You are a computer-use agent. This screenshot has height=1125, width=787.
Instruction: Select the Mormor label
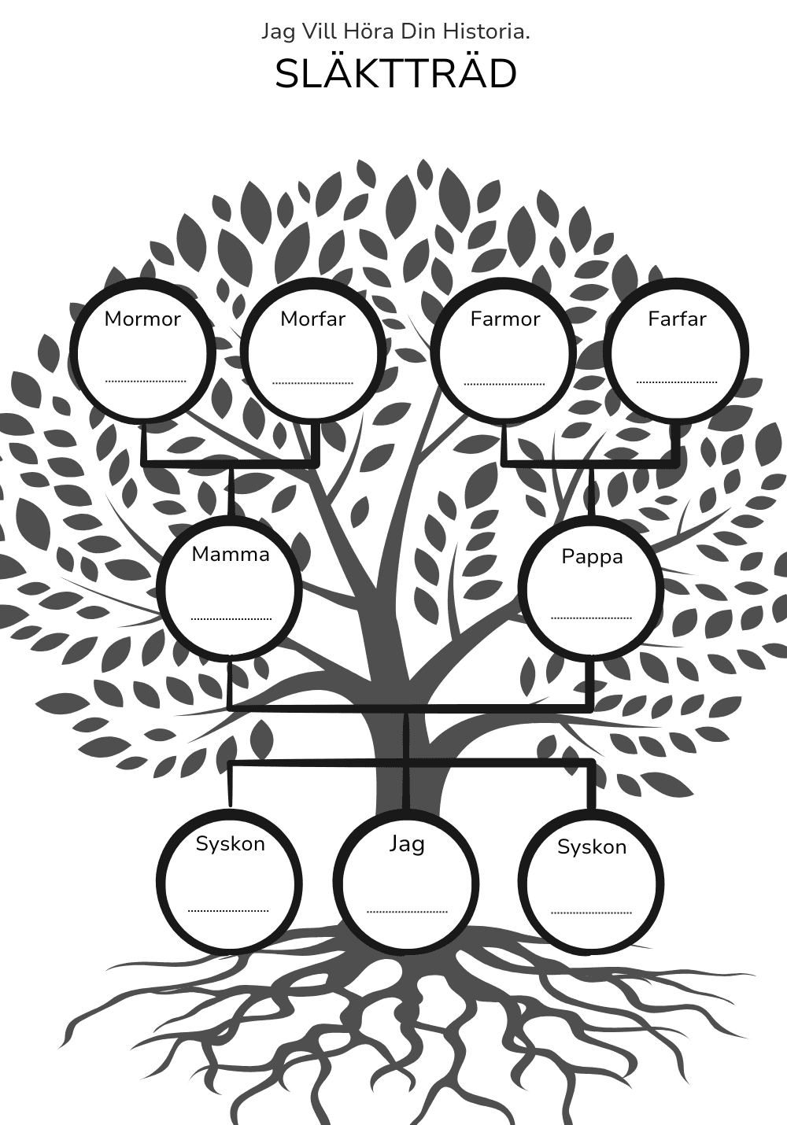coord(142,319)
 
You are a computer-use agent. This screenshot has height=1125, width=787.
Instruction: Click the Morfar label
coord(313,319)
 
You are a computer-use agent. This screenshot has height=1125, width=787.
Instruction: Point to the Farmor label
coord(505,319)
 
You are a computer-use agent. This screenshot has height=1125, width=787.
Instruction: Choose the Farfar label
coord(677,319)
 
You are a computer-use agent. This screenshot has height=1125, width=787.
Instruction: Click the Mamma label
coord(231,555)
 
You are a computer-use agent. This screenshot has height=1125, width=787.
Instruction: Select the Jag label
coord(407,843)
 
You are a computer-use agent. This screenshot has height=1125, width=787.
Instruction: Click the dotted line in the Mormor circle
coord(146,382)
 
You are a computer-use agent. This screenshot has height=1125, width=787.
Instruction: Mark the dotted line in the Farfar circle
coord(677,382)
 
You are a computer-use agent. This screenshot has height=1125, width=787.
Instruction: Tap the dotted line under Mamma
coord(231,618)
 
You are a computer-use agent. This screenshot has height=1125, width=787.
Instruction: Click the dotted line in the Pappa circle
coord(592,618)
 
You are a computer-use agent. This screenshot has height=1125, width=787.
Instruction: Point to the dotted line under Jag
coord(407,911)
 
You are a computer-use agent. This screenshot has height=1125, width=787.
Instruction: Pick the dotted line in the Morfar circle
coord(312,382)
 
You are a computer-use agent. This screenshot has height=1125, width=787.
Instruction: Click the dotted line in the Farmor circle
coord(504,384)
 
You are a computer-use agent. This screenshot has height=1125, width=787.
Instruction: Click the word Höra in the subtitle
coord(369,32)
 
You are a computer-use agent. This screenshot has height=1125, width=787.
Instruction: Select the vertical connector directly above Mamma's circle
coord(231,491)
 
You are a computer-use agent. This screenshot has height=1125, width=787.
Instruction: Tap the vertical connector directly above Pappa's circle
coord(592,491)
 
